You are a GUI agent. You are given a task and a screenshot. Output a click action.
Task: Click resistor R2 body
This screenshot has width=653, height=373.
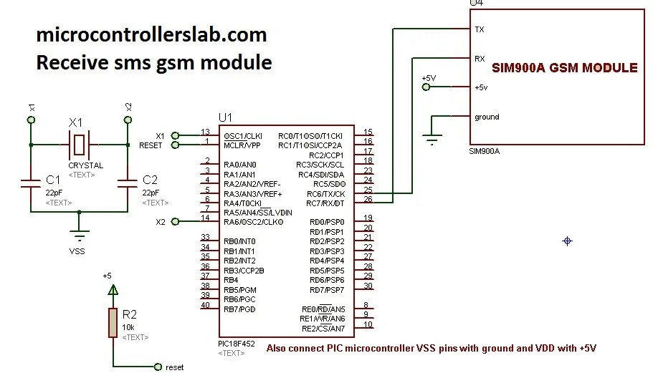coord(112,322)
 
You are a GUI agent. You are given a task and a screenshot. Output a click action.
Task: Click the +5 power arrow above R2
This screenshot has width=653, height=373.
coord(112,290)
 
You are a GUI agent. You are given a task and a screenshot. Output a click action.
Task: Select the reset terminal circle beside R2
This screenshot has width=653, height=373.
coord(158,367)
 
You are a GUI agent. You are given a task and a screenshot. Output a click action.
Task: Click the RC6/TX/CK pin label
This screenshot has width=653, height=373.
coord(326,194)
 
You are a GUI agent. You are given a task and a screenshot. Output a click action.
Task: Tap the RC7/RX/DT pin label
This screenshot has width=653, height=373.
coord(326,203)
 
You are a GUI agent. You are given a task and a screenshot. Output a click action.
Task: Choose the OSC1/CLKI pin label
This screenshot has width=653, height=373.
coord(243,135)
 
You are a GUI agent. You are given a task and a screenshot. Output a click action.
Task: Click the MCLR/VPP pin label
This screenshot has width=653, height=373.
coord(243,145)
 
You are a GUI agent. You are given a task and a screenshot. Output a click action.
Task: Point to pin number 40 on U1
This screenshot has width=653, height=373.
coord(206,305)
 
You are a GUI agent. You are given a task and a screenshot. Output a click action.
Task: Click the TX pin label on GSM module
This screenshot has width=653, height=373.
coord(480,30)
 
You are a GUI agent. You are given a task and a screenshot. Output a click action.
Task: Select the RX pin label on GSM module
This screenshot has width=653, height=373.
coord(480,58)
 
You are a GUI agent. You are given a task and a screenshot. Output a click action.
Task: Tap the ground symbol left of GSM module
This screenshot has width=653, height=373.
coord(431,140)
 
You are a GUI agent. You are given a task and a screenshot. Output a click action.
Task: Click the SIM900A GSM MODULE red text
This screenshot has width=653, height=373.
coord(564,69)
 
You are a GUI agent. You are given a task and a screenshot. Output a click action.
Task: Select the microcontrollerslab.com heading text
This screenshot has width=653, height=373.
coord(151,34)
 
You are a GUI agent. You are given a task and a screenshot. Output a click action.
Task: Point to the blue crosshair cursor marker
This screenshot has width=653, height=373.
coord(567,241)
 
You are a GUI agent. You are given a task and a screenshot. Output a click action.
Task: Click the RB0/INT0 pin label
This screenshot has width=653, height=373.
coord(240,241)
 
